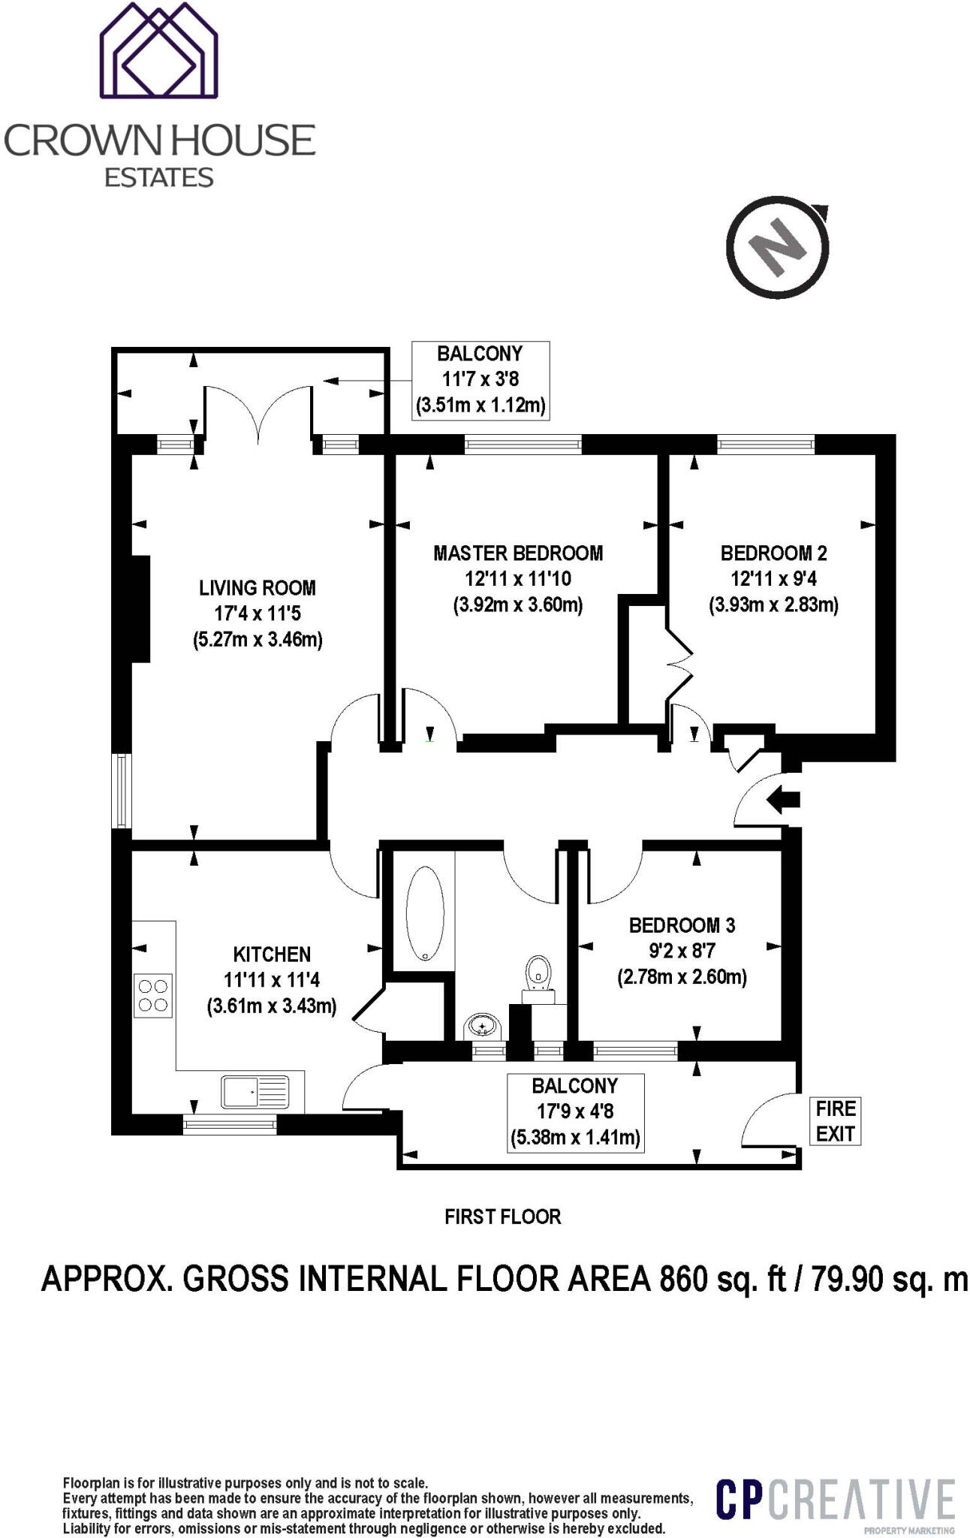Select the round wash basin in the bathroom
pos(480,1024)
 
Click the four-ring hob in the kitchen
pos(153,995)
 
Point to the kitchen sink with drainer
pos(255,1091)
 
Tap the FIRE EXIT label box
pos(835,1120)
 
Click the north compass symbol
pos(779,246)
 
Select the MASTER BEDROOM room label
pos(518,553)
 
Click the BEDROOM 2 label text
pos(773,553)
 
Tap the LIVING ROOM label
pos(257,587)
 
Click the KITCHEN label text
pos(272,954)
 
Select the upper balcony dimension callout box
pos(480,379)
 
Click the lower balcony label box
pos(575,1111)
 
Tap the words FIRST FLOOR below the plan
pos(502,1217)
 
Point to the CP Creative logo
pos(835,1500)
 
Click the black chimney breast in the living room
pos(140,608)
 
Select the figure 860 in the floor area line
pos(683,1279)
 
